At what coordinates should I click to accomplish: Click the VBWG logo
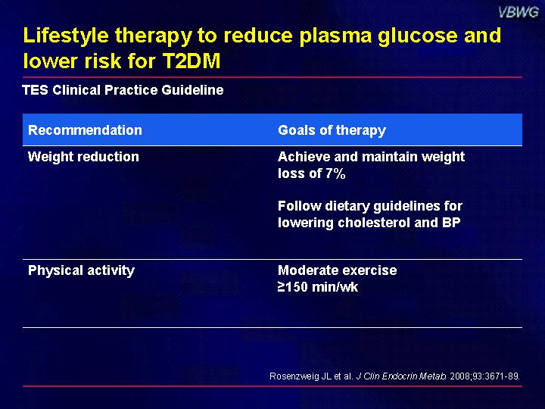[x=519, y=13]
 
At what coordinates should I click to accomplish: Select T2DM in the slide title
[x=192, y=61]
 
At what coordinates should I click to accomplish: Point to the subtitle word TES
[x=35, y=90]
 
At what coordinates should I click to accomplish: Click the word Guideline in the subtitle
[x=192, y=90]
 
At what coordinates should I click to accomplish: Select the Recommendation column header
[x=85, y=130]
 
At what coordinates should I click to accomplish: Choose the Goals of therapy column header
[x=332, y=130]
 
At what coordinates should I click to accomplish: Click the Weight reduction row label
[x=83, y=157]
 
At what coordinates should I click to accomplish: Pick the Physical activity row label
[x=81, y=270]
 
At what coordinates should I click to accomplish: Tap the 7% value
[x=335, y=173]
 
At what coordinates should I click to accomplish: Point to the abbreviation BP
[x=451, y=223]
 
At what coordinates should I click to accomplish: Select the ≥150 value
[x=293, y=287]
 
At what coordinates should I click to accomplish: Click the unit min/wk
[x=335, y=287]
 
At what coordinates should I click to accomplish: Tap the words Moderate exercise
[x=337, y=270]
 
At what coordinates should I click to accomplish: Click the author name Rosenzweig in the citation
[x=295, y=376]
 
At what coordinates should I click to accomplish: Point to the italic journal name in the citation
[x=401, y=376]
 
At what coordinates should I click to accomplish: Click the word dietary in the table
[x=347, y=206]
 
